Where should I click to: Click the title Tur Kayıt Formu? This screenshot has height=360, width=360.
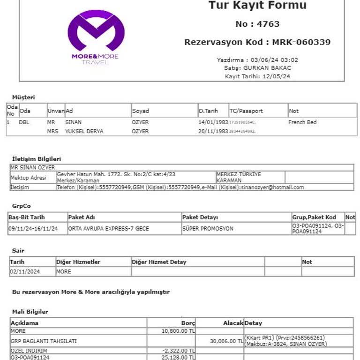point(257,6)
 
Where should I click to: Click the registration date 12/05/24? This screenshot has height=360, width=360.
point(277,76)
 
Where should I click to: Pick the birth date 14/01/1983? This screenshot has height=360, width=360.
point(213,122)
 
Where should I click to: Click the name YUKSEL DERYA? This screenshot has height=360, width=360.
point(84,131)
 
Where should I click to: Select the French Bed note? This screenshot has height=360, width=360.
point(302,122)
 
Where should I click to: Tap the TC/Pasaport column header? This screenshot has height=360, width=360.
point(246,111)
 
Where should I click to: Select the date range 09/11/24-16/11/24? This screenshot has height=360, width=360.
point(33,229)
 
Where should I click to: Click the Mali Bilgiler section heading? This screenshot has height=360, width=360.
point(30,312)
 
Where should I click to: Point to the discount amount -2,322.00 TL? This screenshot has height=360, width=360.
point(178,351)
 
